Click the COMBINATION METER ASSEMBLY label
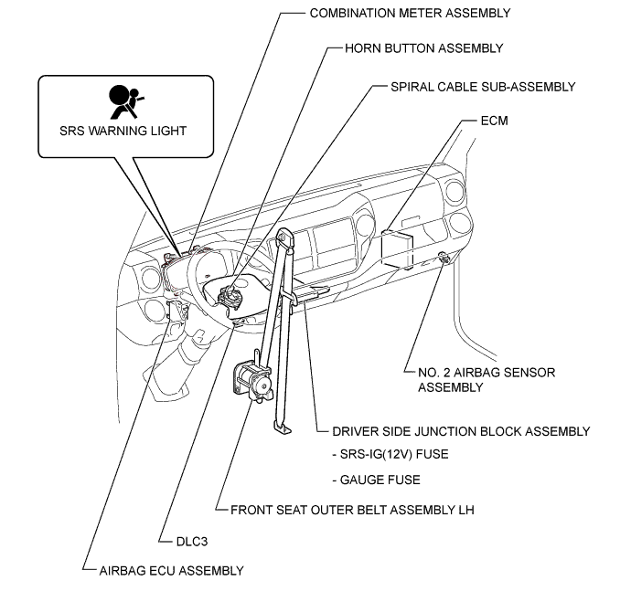click(410, 14)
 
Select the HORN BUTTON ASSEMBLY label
click(423, 48)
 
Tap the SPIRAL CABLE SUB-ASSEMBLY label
click(483, 87)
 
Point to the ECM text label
click(494, 121)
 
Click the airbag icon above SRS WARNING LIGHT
click(124, 101)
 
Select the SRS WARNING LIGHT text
click(123, 131)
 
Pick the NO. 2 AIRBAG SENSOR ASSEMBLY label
click(487, 380)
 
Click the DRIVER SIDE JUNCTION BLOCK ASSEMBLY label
click(461, 431)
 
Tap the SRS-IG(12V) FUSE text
click(390, 455)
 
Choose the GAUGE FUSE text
click(376, 480)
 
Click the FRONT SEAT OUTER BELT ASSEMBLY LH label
click(352, 511)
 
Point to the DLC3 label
click(192, 542)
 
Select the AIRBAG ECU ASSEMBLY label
click(171, 571)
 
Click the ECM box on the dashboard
click(397, 249)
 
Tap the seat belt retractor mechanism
click(251, 379)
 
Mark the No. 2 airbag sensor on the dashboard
click(444, 258)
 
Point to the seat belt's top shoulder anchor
click(284, 238)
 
